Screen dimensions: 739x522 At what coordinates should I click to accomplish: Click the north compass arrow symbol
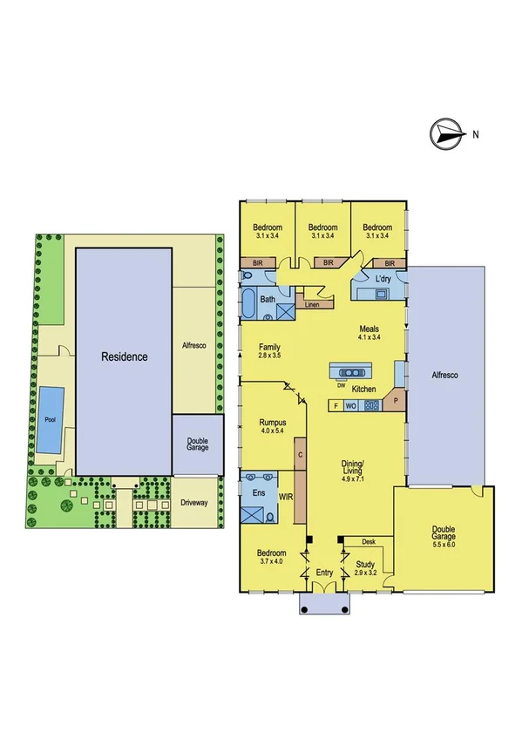pyautogui.click(x=446, y=134)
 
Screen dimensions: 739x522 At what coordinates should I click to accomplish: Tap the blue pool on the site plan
pyautogui.click(x=48, y=419)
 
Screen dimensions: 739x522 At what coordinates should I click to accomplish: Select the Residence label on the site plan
pyautogui.click(x=125, y=356)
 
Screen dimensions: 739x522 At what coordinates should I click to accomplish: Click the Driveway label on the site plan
pyautogui.click(x=194, y=503)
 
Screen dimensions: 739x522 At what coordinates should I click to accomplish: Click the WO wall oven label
pyautogui.click(x=352, y=405)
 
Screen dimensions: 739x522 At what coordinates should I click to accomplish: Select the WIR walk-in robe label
pyautogui.click(x=285, y=497)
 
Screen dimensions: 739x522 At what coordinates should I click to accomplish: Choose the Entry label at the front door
pyautogui.click(x=325, y=573)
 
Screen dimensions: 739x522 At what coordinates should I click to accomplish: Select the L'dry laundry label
pyautogui.click(x=383, y=280)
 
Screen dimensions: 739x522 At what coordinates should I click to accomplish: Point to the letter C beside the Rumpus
pyautogui.click(x=300, y=454)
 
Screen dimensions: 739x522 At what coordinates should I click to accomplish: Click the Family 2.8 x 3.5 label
pyautogui.click(x=270, y=350)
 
